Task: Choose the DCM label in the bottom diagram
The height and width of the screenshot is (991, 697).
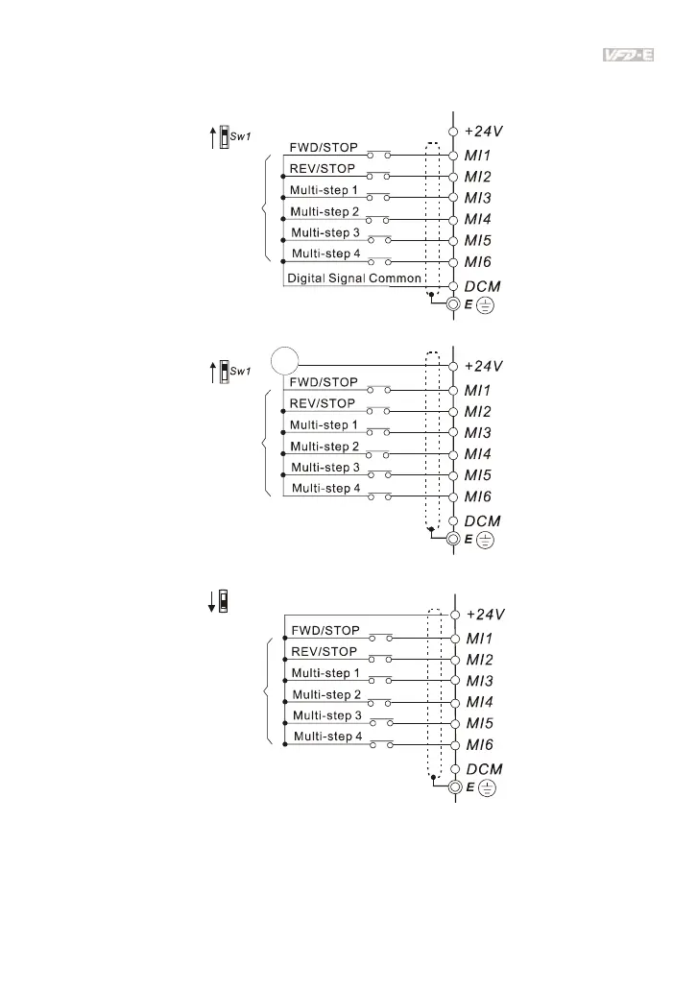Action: pos(484,769)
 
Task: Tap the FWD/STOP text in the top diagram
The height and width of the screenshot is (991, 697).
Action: pos(324,148)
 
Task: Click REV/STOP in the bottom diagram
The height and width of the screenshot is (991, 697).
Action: pos(325,652)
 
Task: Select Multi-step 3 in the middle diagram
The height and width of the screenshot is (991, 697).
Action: pos(324,468)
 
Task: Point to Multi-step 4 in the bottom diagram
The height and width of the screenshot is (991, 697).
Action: pos(327,737)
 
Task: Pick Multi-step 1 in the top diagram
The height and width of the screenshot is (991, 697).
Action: pos(324,190)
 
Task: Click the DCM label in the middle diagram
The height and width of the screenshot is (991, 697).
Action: pos(484,520)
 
